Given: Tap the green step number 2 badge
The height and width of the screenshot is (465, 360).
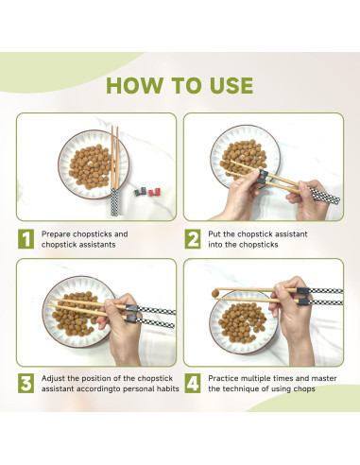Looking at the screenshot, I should click(x=192, y=239).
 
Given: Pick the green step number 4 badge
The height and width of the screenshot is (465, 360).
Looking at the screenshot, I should click(x=192, y=383).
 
